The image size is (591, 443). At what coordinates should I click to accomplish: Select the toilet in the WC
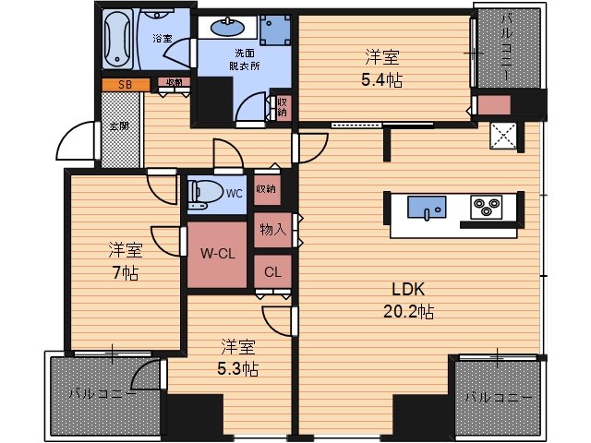(204, 194)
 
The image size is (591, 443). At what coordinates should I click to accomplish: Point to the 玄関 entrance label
(118, 126)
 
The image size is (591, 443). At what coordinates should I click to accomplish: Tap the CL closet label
(273, 271)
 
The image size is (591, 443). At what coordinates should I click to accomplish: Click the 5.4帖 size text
(381, 79)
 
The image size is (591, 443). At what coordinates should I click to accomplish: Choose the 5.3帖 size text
(238, 368)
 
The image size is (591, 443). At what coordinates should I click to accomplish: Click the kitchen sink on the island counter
(428, 210)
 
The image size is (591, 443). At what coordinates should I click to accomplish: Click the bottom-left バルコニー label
(102, 394)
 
